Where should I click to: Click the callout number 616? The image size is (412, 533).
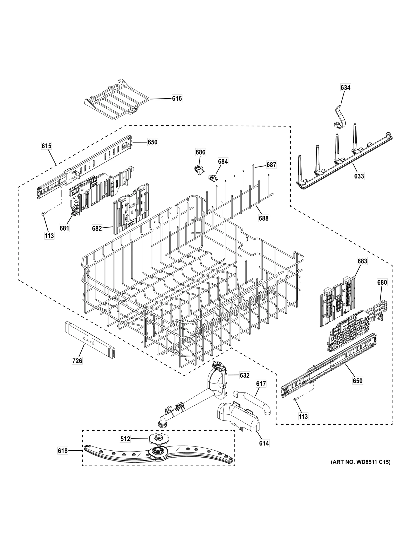[177, 98]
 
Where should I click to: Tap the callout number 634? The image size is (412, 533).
[345, 88]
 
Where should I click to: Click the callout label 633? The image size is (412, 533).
[359, 176]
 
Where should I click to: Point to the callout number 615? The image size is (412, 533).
[46, 146]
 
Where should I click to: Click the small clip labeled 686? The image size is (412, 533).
[199, 169]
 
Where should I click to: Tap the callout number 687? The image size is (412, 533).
[271, 165]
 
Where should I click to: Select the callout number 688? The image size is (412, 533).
[263, 218]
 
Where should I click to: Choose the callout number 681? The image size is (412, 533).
[64, 228]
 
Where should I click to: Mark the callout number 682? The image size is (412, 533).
[97, 228]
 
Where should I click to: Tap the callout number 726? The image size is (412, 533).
[77, 361]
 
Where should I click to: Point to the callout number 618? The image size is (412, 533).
[63, 451]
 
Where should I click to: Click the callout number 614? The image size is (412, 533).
[264, 443]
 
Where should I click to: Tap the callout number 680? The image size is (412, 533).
[382, 283]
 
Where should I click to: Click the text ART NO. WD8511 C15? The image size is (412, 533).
[360, 462]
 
